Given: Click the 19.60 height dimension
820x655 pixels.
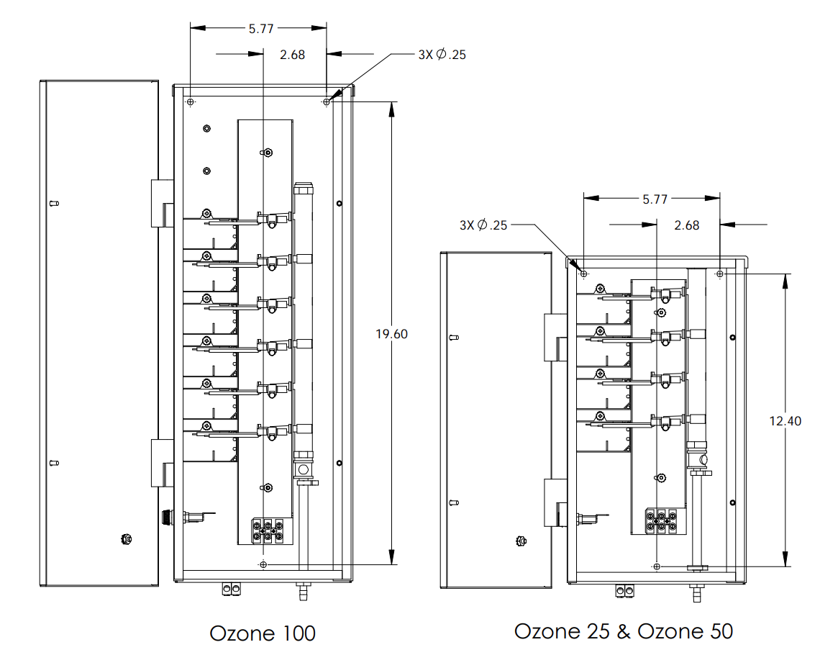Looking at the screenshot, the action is [391, 334].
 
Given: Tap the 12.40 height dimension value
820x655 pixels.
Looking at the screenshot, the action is [785, 420].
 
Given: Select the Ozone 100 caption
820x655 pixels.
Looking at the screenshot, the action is [263, 633].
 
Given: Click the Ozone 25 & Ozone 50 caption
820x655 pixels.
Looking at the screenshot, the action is [624, 631].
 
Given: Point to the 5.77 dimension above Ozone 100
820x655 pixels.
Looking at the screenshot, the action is [261, 28].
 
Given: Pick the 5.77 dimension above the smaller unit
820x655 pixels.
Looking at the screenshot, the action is [655, 199].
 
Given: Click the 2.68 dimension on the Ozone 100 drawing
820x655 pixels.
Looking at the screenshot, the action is [292, 55].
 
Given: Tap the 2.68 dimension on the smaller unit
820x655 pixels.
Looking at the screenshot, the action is [687, 225].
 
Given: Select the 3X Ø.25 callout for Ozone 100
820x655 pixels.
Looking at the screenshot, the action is [442, 55].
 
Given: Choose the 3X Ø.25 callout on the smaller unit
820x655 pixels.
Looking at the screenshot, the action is [483, 225].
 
